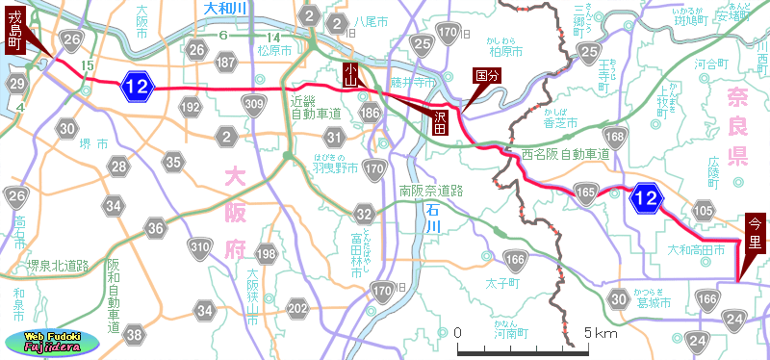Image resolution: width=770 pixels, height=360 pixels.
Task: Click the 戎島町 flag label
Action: [15, 29]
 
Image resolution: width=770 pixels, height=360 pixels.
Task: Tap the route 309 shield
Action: [255, 105]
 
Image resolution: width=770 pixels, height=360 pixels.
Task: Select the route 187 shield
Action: [227, 63]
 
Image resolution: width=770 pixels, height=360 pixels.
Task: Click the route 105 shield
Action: [704, 211]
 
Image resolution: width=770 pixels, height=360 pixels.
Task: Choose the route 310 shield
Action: [199, 248]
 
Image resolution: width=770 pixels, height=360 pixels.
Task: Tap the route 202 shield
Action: [297, 309]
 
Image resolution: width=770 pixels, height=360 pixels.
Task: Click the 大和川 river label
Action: [227, 8]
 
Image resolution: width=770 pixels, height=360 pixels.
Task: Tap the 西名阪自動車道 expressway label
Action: [566, 153]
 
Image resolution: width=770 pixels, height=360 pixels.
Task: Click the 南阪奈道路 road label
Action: [431, 191]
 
